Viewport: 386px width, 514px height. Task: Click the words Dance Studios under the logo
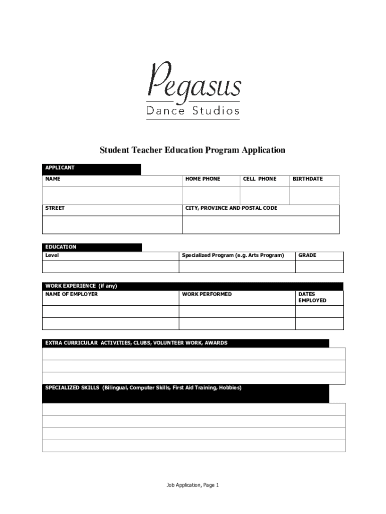pos(193,111)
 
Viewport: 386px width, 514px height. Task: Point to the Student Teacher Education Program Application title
pos(192,150)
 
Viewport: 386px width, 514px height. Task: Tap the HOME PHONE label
pos(203,179)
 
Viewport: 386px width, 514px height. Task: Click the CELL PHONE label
pos(259,179)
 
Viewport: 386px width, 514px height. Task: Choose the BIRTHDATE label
pos(308,179)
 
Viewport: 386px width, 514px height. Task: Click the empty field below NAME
pos(112,196)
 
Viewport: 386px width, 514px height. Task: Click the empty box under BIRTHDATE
pos(314,196)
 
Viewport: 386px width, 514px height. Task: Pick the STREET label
pos(55,208)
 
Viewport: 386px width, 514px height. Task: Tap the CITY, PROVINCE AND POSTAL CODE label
pos(231,208)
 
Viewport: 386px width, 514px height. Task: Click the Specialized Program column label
pos(233,255)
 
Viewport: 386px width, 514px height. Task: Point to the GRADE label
pos(307,255)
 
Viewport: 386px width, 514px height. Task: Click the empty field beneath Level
pos(111,267)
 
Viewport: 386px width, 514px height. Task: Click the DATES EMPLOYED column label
pos(312,297)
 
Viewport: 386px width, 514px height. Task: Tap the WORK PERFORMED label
pos(207,294)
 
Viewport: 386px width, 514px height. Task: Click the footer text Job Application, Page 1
pos(193,485)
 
